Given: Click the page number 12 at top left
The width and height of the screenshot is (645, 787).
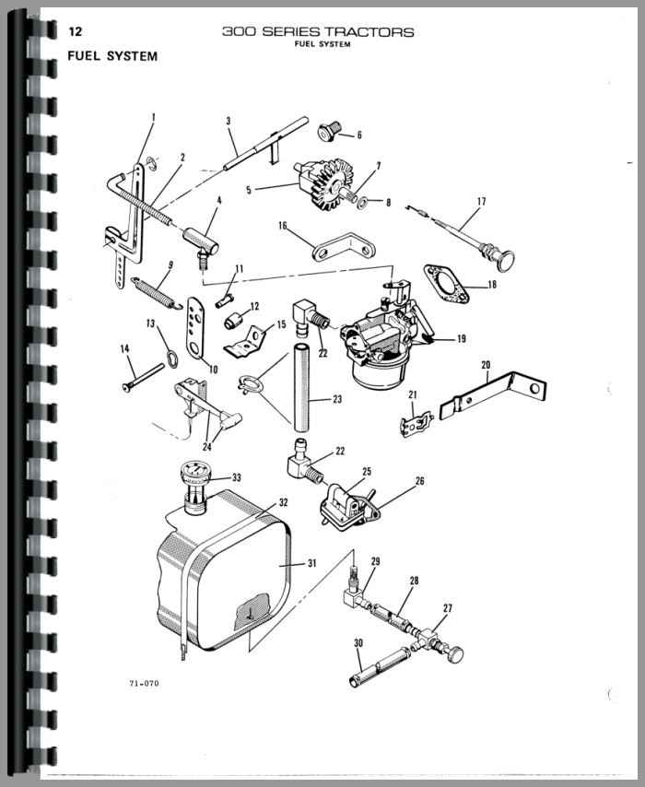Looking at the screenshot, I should (76, 32).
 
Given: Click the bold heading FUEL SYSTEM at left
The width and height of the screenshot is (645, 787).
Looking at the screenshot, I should (112, 56).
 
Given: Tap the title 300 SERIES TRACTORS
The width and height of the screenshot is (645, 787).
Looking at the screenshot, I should (318, 32).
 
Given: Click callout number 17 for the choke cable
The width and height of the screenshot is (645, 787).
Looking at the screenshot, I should (480, 201).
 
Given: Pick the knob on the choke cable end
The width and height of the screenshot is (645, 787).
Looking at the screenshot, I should (504, 257).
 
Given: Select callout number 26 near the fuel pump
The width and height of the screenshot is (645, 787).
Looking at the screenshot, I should (420, 480).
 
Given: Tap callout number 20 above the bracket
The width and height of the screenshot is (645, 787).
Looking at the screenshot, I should (486, 365).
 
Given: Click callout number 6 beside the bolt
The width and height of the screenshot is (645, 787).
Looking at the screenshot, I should (358, 135).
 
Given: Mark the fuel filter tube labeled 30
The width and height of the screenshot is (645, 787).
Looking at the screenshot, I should (377, 662).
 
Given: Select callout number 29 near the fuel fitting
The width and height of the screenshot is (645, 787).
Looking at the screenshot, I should (375, 560).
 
